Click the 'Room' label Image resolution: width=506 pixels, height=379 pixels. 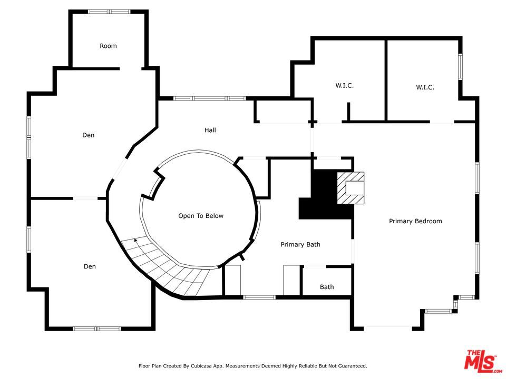click(x=108, y=46)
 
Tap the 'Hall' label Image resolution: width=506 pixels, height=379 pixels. click(x=210, y=130)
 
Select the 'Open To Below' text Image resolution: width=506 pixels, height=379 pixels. click(x=201, y=216)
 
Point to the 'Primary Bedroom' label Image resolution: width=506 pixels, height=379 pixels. click(x=415, y=221)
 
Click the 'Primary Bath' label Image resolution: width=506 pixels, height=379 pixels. click(x=300, y=245)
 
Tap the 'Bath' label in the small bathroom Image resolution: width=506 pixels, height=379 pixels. click(x=327, y=287)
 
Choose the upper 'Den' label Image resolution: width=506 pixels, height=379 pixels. click(x=89, y=135)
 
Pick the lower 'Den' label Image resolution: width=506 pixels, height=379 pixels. click(x=90, y=266)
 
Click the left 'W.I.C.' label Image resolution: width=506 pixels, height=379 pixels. click(x=344, y=86)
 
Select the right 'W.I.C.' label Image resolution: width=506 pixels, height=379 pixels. click(x=425, y=87)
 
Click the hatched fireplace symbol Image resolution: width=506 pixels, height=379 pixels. click(x=351, y=188)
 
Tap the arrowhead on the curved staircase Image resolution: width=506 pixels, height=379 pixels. click(x=136, y=240)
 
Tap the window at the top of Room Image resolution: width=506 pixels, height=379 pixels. click(x=110, y=12)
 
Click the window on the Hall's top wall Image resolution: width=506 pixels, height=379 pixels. click(x=209, y=98)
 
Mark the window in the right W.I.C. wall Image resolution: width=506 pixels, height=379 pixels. click(x=461, y=67)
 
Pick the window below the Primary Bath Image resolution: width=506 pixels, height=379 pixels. click(x=259, y=297)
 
